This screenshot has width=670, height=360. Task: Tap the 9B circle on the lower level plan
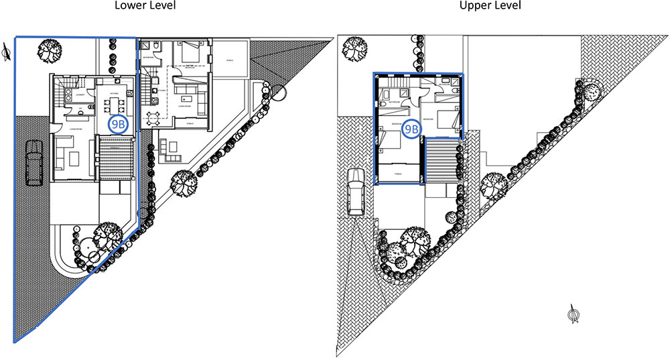tap(119, 125)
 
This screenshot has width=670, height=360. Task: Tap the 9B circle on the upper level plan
tap(410, 127)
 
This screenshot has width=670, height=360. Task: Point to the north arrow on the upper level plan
tap(574, 314)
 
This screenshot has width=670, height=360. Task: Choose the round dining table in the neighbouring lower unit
tap(153, 119)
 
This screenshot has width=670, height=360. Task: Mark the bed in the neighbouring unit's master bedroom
tap(189, 54)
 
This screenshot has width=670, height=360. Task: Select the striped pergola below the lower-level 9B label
tap(117, 158)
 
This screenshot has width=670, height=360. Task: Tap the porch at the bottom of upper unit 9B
tap(397, 176)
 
